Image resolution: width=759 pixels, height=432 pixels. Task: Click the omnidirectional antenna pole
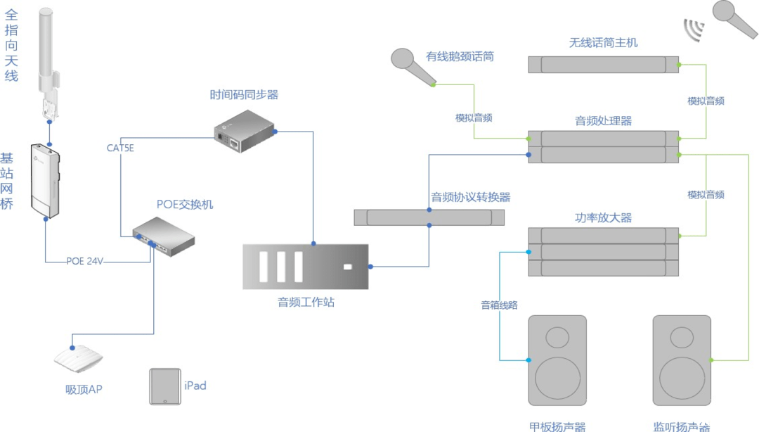point(46,49)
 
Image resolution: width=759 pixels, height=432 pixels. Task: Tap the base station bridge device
point(46,180)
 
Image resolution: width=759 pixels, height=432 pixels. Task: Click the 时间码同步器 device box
point(243,132)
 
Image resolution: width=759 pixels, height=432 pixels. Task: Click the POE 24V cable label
point(85,261)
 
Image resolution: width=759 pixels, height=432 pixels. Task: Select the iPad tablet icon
point(164,386)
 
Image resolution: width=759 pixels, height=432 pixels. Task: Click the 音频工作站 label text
point(306,303)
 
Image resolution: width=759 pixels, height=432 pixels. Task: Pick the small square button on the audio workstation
point(346,267)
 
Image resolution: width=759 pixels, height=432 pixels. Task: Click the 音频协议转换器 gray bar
point(429,217)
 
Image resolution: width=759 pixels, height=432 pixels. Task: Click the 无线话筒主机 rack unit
point(603,65)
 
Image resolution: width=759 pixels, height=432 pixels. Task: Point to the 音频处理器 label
point(603,120)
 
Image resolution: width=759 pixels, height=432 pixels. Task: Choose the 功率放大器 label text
point(603,217)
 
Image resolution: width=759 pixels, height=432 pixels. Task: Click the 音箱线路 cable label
point(499,305)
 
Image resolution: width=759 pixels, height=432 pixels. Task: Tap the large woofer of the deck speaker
point(557,378)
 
